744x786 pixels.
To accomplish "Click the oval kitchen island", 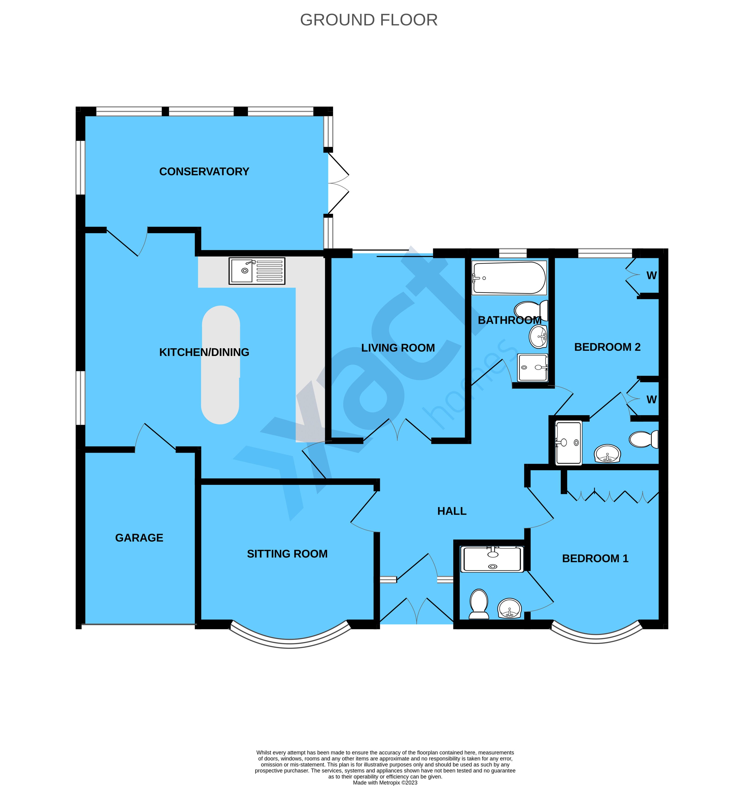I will pyautogui.click(x=221, y=364).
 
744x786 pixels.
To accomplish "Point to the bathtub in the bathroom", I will pyautogui.click(x=508, y=278).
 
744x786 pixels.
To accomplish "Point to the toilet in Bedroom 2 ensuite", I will pyautogui.click(x=644, y=439).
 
